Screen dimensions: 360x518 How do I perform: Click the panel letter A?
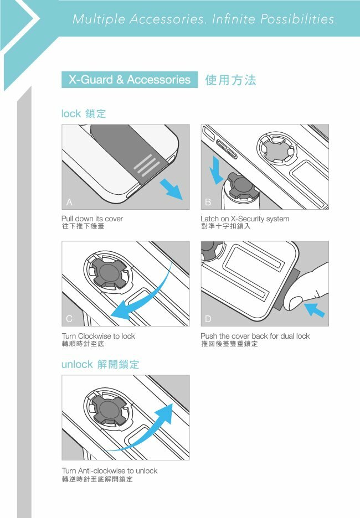[69, 202]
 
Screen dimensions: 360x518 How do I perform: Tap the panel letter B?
[208, 202]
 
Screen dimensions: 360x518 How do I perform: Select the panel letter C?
[69, 318]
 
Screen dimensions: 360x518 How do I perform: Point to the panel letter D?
[208, 318]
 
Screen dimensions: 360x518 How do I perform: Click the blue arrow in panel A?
[172, 189]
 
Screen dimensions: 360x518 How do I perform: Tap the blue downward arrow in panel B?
[217, 170]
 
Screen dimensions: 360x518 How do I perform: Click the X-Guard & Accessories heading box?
[130, 80]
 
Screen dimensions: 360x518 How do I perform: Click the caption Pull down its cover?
[92, 219]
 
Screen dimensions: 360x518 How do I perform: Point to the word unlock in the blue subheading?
[77, 364]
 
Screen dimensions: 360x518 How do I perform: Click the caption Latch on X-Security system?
[245, 219]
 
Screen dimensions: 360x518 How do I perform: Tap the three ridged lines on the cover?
[147, 164]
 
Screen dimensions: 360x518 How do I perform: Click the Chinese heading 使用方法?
[231, 80]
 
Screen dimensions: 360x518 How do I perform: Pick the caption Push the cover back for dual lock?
[255, 336]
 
